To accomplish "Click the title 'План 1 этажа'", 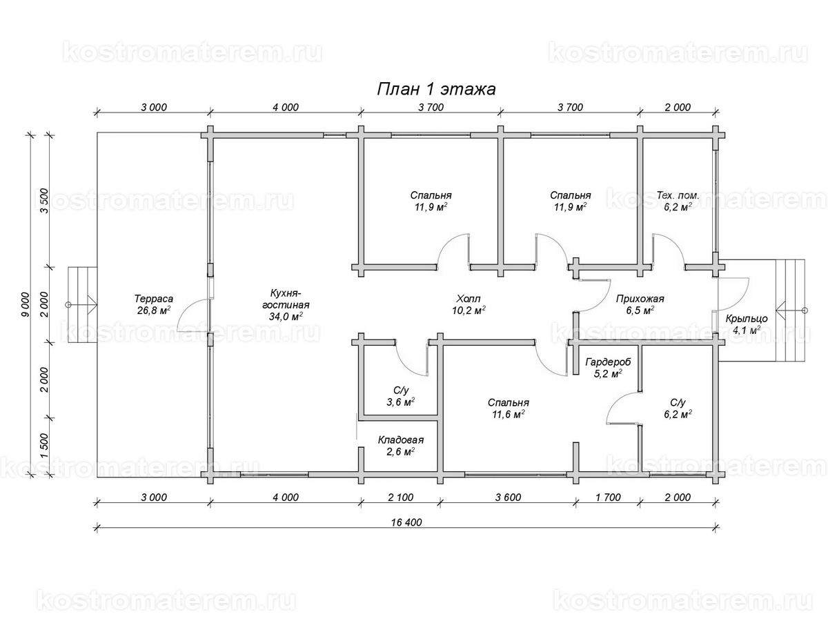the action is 437,90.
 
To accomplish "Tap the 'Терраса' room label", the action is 154,299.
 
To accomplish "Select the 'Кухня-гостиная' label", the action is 286,299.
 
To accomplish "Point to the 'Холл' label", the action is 468,299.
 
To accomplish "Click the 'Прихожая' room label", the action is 640,299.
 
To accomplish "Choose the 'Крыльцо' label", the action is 746,319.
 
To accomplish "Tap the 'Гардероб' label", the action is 608,362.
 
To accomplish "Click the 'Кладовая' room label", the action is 401,440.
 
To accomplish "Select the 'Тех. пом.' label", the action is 678,195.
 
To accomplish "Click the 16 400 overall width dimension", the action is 406,522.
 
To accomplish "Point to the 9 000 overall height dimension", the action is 26,305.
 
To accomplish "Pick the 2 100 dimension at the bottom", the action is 401,497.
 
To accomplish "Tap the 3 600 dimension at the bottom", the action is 508,497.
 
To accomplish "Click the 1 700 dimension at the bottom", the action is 608,497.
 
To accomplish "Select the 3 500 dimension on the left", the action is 44,201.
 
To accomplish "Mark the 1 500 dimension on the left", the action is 44,446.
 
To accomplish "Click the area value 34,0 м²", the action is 286,316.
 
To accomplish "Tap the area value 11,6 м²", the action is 508,414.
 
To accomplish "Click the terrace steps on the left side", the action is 82,305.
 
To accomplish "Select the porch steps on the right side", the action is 790,310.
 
